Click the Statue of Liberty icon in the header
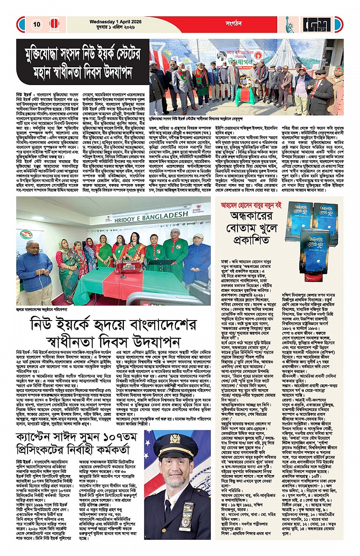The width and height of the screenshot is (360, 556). tap(289, 24)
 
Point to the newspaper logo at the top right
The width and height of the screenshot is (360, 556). tap(321, 24)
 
